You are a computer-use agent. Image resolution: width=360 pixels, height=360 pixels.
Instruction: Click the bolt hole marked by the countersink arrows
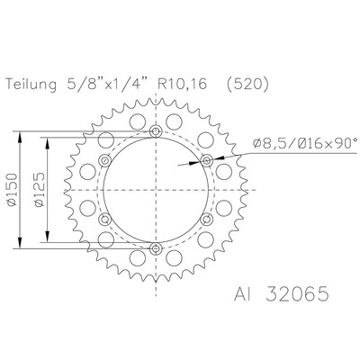[206, 161]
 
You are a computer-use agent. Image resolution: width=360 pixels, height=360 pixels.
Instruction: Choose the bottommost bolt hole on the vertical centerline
[157, 249]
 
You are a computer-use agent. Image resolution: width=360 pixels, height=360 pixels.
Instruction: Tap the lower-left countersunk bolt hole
[106, 220]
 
